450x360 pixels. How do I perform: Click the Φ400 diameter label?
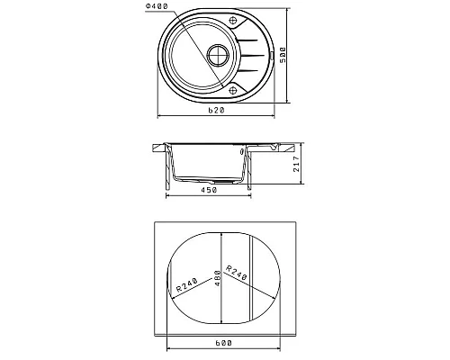coord(157,6)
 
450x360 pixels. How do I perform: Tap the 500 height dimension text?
coord(283,55)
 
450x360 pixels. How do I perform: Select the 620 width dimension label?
coord(216,111)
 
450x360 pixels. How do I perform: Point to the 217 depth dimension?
coord(296,164)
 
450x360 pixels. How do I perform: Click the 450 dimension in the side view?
coord(209,190)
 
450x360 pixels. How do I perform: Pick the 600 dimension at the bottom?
coord(223,343)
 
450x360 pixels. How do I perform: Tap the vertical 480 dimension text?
coord(218,278)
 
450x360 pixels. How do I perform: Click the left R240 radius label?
coord(186,285)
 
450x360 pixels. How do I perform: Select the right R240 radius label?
coord(236,273)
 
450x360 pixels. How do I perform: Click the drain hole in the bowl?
coord(218,56)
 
